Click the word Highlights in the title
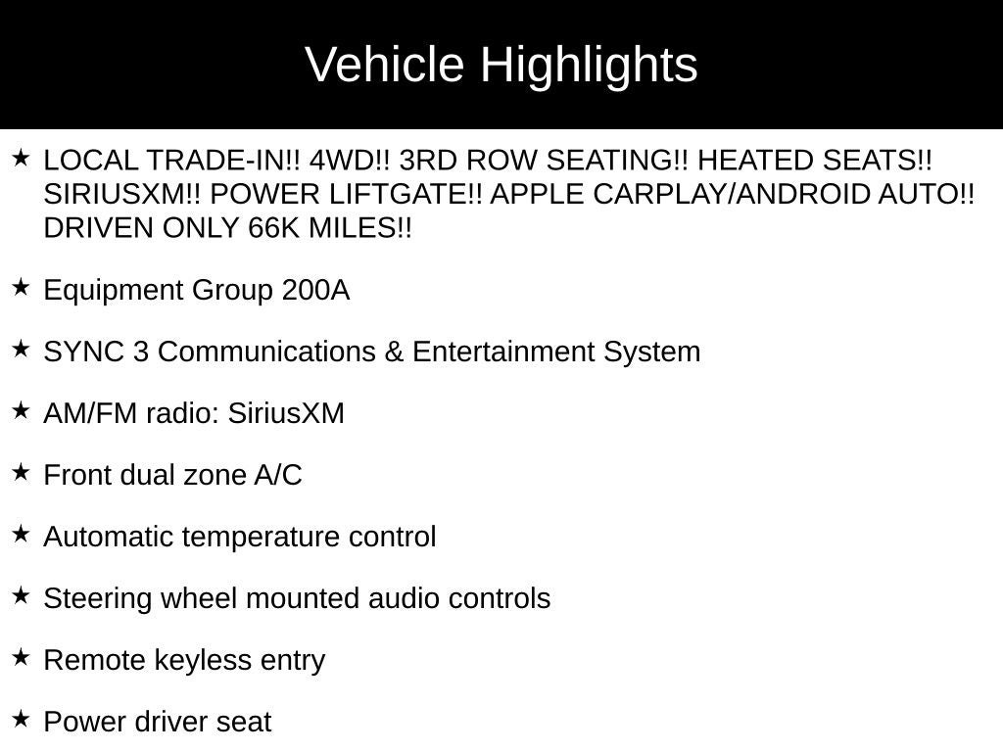pyautogui.click(x=589, y=66)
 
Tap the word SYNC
pyautogui.click(x=83, y=352)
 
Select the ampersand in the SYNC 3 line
pyautogui.click(x=394, y=352)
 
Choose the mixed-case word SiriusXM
pyautogui.click(x=286, y=414)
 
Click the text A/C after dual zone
pyautogui.click(x=278, y=476)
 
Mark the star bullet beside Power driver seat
pyautogui.click(x=21, y=720)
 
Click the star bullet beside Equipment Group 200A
pyautogui.click(x=21, y=288)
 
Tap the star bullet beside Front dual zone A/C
pyautogui.click(x=21, y=473)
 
